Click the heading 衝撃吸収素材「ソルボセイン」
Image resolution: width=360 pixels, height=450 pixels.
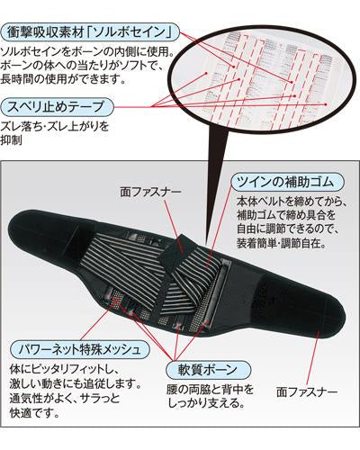coord(90,32)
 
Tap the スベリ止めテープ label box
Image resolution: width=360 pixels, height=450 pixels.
coord(57,106)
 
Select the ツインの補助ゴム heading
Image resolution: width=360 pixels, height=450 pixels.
coord(287,182)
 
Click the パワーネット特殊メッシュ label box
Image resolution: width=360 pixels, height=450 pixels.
coord(80,349)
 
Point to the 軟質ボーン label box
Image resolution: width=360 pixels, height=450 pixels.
coord(208,370)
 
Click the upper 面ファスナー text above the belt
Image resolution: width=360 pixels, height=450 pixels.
coord(151,193)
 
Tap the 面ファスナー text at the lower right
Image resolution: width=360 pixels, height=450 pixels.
coord(307,391)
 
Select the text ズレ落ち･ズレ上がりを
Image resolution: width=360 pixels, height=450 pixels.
coord(55,126)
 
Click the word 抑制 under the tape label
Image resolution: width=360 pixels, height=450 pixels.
coord(12,140)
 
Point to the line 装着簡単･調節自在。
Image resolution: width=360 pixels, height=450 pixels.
coord(282,243)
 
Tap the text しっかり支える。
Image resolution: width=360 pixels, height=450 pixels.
coord(206,403)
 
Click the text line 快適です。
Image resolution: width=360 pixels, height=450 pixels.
coord(34,413)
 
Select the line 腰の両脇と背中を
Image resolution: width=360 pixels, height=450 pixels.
coord(211,390)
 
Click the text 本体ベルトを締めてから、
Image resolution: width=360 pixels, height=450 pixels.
coord(292,202)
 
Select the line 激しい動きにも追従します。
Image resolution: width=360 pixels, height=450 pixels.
coord(76,383)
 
